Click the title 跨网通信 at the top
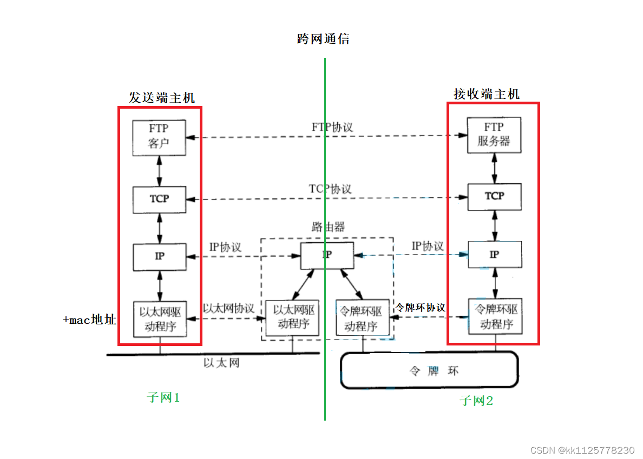[x=323, y=39]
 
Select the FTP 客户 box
[x=159, y=137]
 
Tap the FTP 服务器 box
[x=494, y=135]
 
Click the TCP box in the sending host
[x=159, y=199]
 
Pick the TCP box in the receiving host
[x=494, y=196]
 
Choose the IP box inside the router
[x=327, y=255]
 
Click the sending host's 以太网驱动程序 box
[x=160, y=319]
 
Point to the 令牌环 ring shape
[x=429, y=371]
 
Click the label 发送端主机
[x=161, y=98]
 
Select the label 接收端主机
[x=486, y=94]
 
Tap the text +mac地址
[x=89, y=320]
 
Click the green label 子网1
[x=163, y=398]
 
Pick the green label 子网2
[x=476, y=401]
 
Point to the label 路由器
[x=328, y=227]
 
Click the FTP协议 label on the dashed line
[x=332, y=127]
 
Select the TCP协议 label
[x=330, y=189]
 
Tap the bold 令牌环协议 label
[x=421, y=307]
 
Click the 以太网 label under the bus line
[x=221, y=363]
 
